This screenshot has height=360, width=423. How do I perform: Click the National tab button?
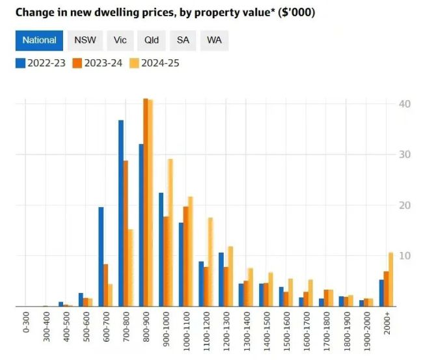pyautogui.click(x=39, y=40)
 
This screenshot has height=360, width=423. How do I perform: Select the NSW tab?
pyautogui.click(x=85, y=40)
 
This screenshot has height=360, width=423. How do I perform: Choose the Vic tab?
pyautogui.click(x=120, y=40)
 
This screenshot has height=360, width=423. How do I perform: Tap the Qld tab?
pyautogui.click(x=152, y=40)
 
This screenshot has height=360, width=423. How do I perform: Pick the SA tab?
pyautogui.click(x=183, y=40)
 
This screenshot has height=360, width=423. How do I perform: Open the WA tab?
pyautogui.click(x=214, y=40)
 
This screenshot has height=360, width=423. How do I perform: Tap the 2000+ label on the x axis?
pyautogui.click(x=387, y=324)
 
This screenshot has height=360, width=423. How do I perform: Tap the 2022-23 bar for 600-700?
pyautogui.click(x=101, y=256)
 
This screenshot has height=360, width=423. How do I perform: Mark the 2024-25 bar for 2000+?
pyautogui.click(x=391, y=279)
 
